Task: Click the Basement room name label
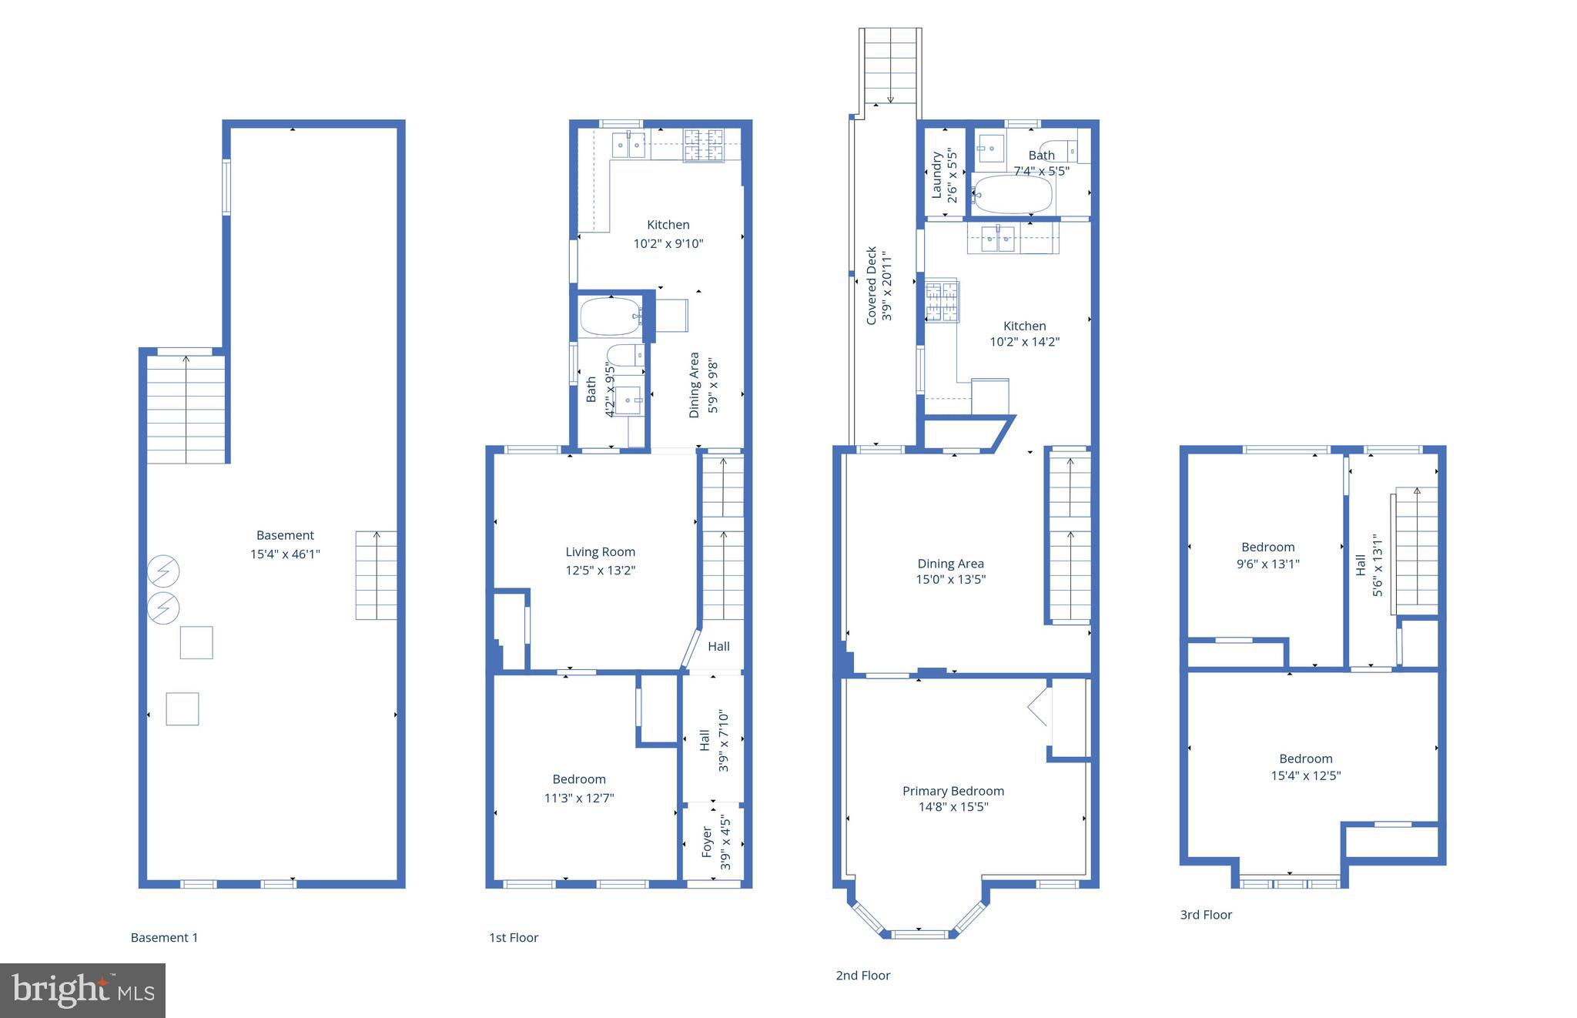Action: pos(285,535)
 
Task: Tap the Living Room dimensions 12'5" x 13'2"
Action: pos(600,571)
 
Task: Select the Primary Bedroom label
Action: pos(953,791)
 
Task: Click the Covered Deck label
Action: pos(872,285)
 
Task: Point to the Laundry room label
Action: pos(937,176)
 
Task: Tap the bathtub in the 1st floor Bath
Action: pos(609,316)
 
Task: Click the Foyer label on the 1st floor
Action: pos(707,843)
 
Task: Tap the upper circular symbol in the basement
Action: pos(163,571)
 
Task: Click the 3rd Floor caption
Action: pos(1206,915)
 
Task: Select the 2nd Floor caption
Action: pos(862,976)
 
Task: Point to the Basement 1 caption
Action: pos(164,937)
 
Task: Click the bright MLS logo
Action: pos(82,990)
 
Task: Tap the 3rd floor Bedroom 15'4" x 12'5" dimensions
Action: pos(1305,775)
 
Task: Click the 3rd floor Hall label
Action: pos(1361,564)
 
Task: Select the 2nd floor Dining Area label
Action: pos(950,564)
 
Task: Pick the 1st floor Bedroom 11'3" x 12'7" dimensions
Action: pos(579,798)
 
